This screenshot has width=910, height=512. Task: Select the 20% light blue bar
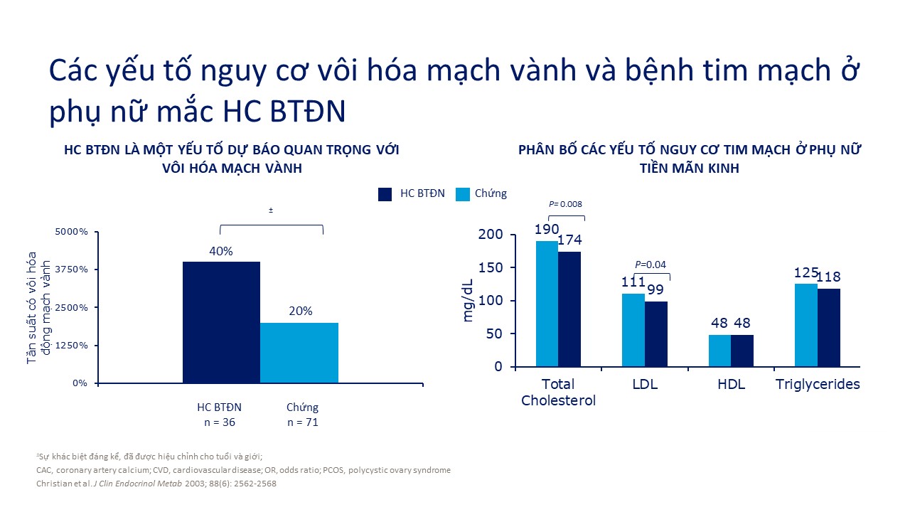[x=299, y=353]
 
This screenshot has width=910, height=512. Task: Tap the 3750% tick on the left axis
[x=71, y=270]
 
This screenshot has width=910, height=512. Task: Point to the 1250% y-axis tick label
[x=71, y=345]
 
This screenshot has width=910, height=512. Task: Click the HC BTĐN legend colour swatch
[x=385, y=193]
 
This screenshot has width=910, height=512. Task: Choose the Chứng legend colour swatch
[x=463, y=193]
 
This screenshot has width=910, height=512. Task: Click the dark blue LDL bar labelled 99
[x=656, y=334]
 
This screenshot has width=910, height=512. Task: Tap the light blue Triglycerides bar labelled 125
[x=806, y=325]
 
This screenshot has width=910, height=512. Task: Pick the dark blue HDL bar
[x=742, y=351]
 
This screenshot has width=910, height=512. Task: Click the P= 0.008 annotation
[x=567, y=204]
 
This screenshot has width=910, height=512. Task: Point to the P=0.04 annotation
[x=651, y=265]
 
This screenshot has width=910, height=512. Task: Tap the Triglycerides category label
[x=818, y=385]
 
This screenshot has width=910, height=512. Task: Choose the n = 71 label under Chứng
[x=303, y=422]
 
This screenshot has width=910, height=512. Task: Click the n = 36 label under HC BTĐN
[x=220, y=422]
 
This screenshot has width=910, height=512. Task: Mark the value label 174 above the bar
[x=569, y=240]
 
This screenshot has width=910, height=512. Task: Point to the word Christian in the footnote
[x=53, y=484]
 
